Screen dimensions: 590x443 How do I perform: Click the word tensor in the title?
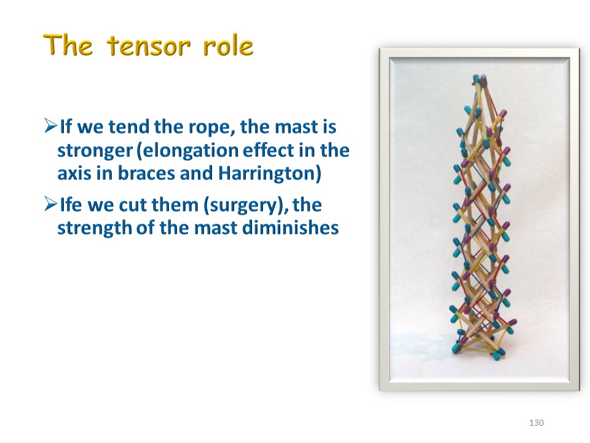(149, 46)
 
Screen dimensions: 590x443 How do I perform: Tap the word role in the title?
(228, 46)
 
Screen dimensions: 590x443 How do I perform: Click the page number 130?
(536, 423)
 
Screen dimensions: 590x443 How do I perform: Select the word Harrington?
(269, 174)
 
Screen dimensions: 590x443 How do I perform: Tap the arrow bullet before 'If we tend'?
(50, 126)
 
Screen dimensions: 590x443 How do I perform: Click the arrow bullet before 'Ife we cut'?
(50, 204)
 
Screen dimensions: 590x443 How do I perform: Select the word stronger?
(95, 151)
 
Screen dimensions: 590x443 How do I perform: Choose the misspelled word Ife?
(71, 204)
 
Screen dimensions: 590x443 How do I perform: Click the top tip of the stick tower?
(480, 76)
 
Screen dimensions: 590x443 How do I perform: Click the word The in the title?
(68, 45)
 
